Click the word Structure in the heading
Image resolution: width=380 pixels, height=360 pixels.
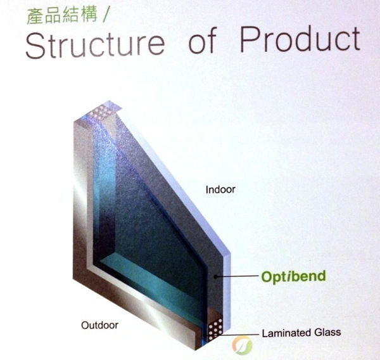pyautogui.click(x=95, y=44)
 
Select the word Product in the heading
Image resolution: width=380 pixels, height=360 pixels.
pyautogui.click(x=300, y=39)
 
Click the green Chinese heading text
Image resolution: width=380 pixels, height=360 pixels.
pyautogui.click(x=62, y=15)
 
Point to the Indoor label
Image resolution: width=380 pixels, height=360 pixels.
pyautogui.click(x=220, y=190)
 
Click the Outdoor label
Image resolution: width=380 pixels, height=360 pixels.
pyautogui.click(x=99, y=325)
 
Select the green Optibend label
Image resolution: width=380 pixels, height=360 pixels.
pyautogui.click(x=293, y=277)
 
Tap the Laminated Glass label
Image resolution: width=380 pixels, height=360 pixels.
pyautogui.click(x=301, y=332)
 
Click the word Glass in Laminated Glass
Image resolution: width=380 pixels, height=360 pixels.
pyautogui.click(x=327, y=332)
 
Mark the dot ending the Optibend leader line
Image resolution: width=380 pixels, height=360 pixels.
pyautogui.click(x=215, y=276)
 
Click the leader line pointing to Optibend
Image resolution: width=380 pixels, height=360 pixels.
pyautogui.click(x=236, y=276)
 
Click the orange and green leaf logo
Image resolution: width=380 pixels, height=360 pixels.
pyautogui.click(x=242, y=345)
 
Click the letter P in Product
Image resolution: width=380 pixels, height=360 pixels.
pyautogui.click(x=249, y=39)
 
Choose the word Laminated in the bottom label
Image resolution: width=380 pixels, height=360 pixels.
pyautogui.click(x=287, y=333)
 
